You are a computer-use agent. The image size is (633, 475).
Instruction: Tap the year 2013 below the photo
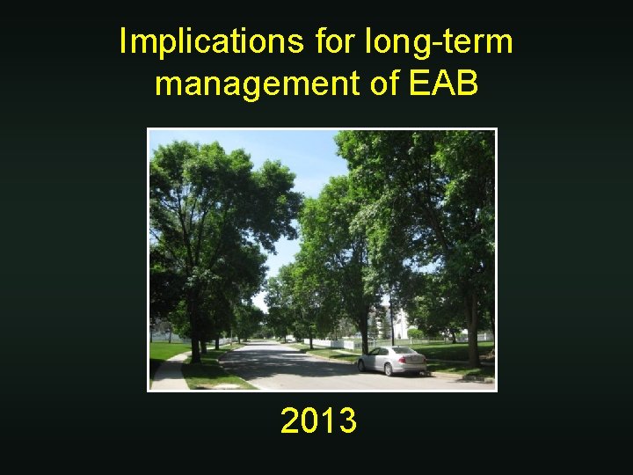click(x=318, y=421)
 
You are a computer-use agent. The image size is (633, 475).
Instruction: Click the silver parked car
click(x=392, y=360)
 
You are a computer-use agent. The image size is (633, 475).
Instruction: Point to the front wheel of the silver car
click(x=364, y=365)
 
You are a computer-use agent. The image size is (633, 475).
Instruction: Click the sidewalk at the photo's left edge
click(x=169, y=375)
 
